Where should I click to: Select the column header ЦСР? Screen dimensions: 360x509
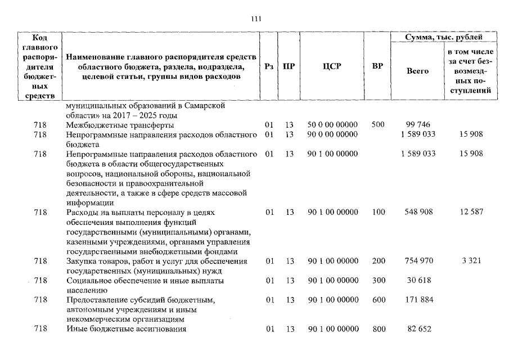tap(332, 66)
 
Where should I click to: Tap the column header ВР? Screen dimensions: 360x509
tap(377, 66)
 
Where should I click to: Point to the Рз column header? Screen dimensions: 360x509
tap(269, 66)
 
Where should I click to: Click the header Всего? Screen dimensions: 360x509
tap(417, 71)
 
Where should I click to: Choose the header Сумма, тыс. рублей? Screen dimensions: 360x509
tap(444, 37)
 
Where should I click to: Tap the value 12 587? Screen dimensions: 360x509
tap(471, 213)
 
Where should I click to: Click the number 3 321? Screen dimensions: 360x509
tap(471, 261)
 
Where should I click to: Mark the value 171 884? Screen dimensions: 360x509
tap(419, 300)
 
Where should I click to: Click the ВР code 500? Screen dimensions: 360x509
tap(377, 125)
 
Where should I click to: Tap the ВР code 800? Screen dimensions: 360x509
tap(377, 329)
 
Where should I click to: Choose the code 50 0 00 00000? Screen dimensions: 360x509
tap(332, 125)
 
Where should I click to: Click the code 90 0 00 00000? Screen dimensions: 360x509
tap(332, 134)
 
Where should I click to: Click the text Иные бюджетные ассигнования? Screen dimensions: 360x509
tap(126, 329)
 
